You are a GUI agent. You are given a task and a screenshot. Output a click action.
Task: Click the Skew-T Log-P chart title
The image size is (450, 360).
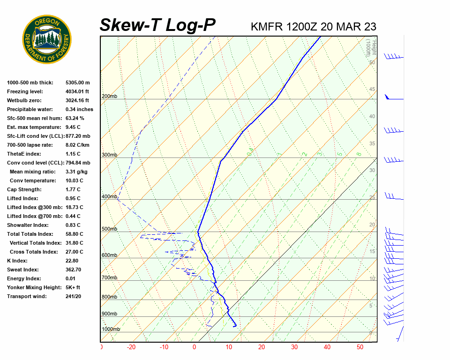[x=157, y=25]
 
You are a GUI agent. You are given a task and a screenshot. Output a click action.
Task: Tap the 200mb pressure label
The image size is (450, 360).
[x=109, y=97]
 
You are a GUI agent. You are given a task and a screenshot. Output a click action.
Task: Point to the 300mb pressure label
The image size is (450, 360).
[x=109, y=155]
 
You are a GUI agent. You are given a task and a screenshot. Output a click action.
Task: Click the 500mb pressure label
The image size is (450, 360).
[x=109, y=229]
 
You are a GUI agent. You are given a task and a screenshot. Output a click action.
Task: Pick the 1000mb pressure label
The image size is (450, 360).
[x=111, y=330]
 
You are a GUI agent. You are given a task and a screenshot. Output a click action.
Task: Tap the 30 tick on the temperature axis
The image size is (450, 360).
[x=294, y=347]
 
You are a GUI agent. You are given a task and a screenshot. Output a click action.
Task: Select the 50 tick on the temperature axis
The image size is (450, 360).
[x=360, y=347]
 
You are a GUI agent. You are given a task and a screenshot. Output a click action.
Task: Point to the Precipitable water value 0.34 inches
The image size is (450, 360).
[x=79, y=109]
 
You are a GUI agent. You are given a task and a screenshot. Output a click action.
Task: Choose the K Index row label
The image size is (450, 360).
[x=18, y=261]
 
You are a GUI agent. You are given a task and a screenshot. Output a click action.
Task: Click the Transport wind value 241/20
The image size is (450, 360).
[x=73, y=296]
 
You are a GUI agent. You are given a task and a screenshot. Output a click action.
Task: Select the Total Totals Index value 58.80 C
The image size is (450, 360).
[x=74, y=234]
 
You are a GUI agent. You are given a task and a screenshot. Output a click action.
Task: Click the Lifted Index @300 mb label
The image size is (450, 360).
[x=32, y=207]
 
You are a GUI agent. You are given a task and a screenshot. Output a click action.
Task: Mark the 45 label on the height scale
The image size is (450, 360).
[x=372, y=90]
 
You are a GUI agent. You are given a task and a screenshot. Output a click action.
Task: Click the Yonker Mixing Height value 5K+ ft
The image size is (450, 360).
[x=73, y=287]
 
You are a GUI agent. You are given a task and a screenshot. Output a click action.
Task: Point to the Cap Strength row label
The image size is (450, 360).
[x=24, y=189]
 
